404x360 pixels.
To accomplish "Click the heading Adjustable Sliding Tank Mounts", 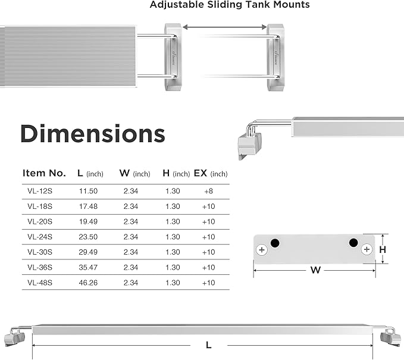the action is pos(230,5).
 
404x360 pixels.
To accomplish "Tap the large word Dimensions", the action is pos(92,134).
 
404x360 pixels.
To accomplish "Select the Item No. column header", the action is pos(44,173).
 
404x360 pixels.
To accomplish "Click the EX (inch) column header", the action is pos(211,173).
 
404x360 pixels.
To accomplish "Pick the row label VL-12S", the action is pos(40,191).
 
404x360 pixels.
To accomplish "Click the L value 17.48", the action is pos(88,206).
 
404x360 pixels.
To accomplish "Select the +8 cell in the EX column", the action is pos(208,191).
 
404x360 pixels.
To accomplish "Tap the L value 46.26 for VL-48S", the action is pos(88,283).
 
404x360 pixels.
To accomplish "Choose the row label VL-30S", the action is pos(40,252).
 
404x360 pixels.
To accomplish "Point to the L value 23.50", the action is pos(88,237).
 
